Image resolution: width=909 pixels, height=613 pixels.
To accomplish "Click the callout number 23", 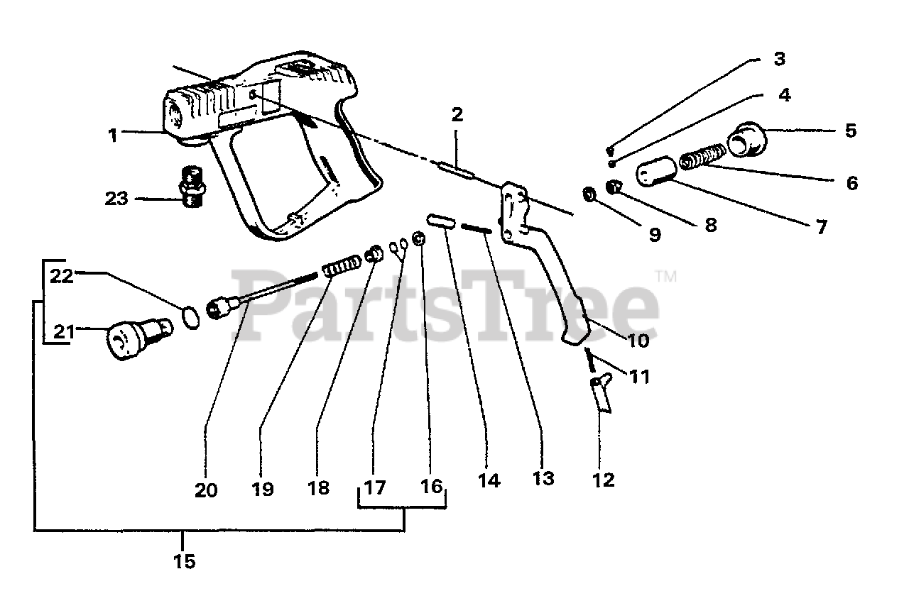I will point(116,199).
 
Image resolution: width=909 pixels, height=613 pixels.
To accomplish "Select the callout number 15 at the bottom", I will point(183,562).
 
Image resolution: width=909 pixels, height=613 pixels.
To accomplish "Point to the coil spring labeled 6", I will point(702,157).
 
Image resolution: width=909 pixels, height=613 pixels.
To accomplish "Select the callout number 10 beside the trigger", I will point(637,341).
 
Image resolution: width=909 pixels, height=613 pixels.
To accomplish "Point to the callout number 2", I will point(457,114).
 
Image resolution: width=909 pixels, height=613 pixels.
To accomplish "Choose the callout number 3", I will point(779,59).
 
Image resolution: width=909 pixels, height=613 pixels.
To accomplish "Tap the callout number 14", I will point(488,480).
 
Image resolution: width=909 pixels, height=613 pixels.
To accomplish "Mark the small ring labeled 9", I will point(589,194).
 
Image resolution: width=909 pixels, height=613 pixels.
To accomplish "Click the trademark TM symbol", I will point(666,277).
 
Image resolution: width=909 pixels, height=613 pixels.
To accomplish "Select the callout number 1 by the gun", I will point(113,135).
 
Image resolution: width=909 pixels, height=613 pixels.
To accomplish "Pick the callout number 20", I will point(206,490).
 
